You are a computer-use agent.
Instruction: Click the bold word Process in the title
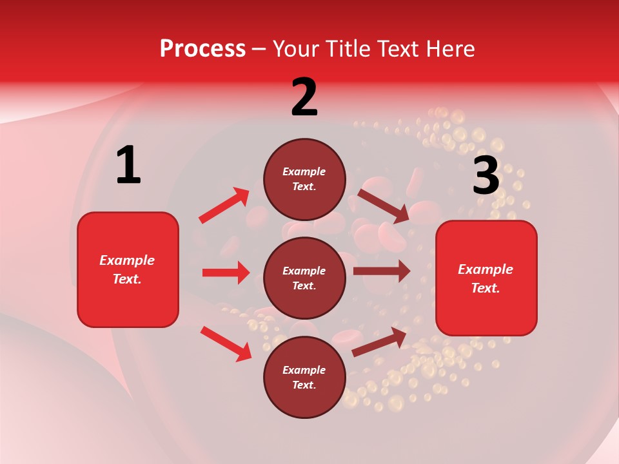pos(202,49)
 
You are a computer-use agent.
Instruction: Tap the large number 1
pos(128,166)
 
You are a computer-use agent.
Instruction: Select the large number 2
pos(304,97)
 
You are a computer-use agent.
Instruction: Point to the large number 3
pos(486,176)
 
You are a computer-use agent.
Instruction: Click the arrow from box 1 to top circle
pos(224,206)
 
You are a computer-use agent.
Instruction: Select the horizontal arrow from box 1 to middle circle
pos(226,273)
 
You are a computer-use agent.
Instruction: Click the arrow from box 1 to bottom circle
pos(226,343)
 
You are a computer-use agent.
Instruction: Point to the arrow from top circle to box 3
pos(383,206)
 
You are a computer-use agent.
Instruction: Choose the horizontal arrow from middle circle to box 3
pos(381,271)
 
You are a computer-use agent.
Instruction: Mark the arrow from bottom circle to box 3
pos(379,342)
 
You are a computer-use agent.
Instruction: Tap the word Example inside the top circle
pos(304,171)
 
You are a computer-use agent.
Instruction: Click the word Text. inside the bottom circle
pos(304,385)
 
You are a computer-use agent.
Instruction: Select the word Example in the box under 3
pos(486,269)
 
